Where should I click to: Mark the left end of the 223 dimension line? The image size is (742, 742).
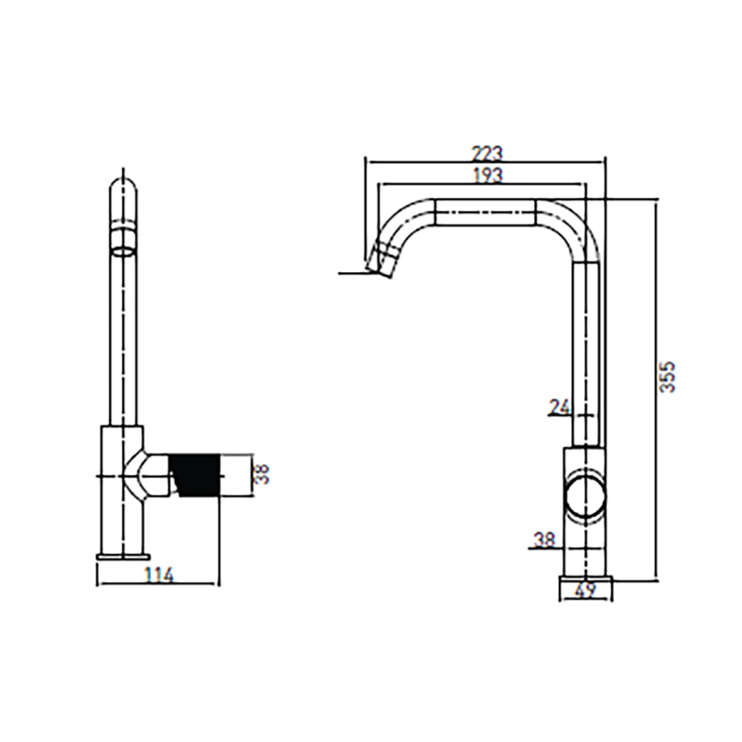(x=366, y=162)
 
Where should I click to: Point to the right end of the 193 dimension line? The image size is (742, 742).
(x=586, y=184)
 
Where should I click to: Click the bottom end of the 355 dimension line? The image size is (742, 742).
(x=656, y=580)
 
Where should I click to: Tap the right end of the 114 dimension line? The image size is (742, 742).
(x=219, y=584)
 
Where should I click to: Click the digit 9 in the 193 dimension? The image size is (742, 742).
(x=488, y=175)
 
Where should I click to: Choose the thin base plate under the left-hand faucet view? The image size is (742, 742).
(x=124, y=556)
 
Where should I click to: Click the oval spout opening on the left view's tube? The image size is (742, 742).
(x=124, y=251)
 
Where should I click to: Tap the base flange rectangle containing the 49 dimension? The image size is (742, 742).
(x=586, y=588)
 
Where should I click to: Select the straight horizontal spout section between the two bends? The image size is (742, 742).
(x=486, y=213)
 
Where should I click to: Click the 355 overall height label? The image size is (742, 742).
(x=668, y=377)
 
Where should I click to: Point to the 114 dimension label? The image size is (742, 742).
(x=159, y=575)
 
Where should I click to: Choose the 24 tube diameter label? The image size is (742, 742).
(x=561, y=407)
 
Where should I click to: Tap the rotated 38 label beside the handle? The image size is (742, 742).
(x=261, y=474)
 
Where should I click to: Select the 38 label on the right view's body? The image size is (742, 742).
(x=545, y=539)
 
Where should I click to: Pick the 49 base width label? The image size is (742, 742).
(x=586, y=590)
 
